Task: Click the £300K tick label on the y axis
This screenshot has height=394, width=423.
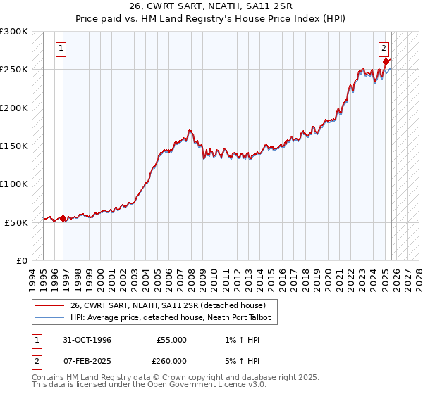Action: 14,32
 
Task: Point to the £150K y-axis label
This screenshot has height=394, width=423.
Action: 14,146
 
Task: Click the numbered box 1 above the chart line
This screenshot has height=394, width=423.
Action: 61,49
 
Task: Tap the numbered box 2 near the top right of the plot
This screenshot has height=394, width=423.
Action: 384,49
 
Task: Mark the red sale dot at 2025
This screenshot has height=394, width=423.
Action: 386,62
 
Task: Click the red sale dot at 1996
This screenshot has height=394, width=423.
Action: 63,218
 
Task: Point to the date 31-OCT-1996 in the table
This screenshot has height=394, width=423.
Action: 83,340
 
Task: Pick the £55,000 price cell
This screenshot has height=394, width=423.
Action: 171,340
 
